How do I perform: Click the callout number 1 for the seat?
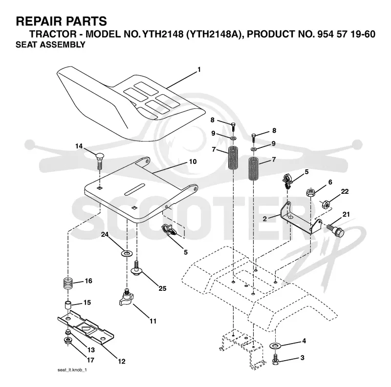point(199,70)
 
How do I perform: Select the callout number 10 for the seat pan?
point(193,162)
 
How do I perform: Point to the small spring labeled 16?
point(67,284)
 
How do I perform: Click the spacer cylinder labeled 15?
point(67,306)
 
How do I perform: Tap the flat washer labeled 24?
point(127,253)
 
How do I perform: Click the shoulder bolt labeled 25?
point(136,268)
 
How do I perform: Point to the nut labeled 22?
point(326,204)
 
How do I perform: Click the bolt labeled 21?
point(335,231)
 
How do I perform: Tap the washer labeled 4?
point(275,346)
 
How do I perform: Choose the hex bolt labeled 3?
point(275,359)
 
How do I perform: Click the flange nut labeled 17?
point(67,340)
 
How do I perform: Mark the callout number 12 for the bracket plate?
point(121,361)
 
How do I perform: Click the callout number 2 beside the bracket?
point(265,219)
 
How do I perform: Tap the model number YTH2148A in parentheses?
point(215,34)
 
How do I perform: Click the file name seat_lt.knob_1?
point(72,370)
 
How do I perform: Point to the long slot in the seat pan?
point(135,189)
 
